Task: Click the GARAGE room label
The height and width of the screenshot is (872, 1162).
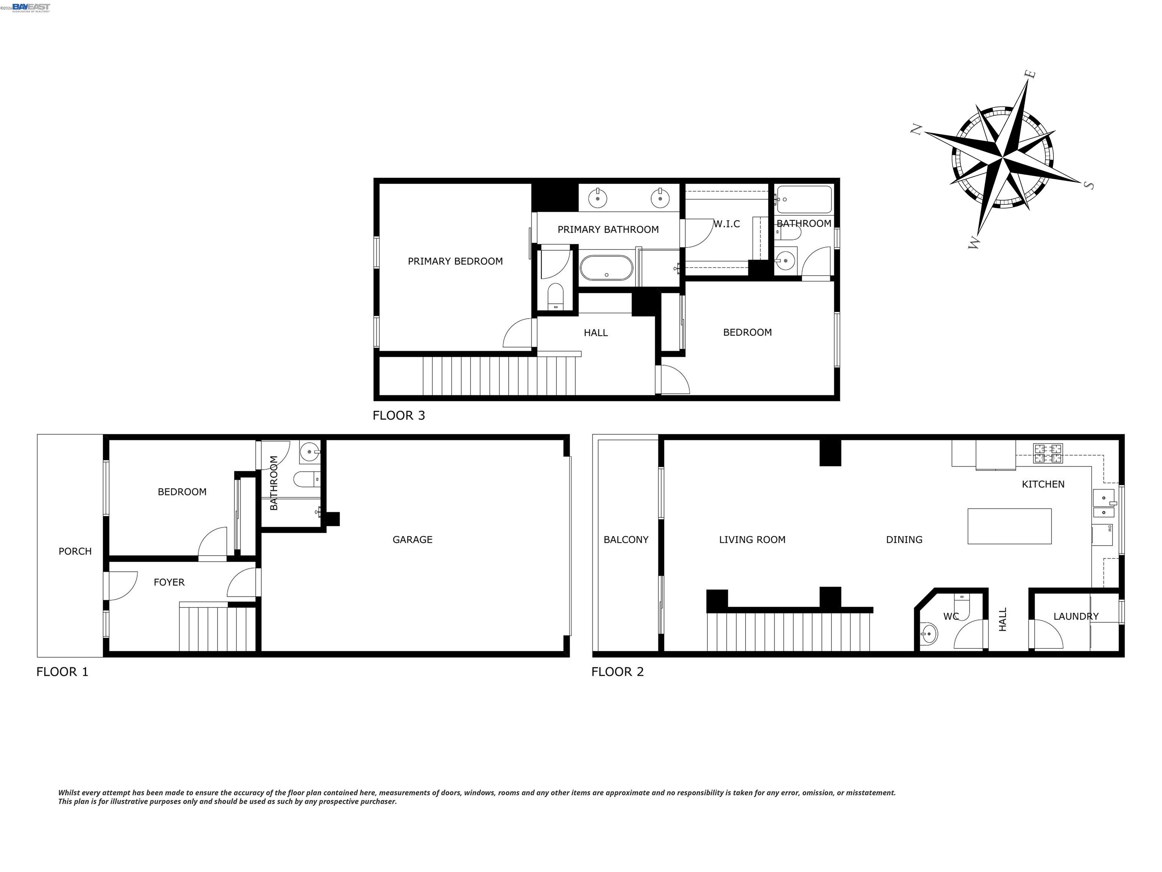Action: coord(412,539)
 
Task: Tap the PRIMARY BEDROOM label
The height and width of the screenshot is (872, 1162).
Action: coord(455,261)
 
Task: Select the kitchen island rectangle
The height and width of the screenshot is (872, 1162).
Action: coord(1009,526)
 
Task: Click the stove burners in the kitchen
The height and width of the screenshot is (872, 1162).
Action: coord(1047,453)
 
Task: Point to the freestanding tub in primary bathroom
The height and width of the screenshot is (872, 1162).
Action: coord(606,268)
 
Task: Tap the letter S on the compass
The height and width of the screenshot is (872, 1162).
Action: coord(1089,185)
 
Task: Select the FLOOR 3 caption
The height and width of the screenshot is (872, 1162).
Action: coord(399,415)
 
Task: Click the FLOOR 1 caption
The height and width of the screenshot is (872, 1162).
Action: coord(62,672)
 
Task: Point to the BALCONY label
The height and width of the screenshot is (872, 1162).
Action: coord(626,539)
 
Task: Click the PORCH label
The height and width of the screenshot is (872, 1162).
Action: coord(75,551)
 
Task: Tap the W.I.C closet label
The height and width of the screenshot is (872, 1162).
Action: coord(727,224)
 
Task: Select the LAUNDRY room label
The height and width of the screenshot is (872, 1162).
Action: coord(1076,616)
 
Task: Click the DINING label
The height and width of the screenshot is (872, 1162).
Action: coord(904,539)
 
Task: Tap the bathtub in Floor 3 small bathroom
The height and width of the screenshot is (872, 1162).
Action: coord(804,199)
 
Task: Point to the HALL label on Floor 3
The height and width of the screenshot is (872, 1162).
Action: coord(596,333)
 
